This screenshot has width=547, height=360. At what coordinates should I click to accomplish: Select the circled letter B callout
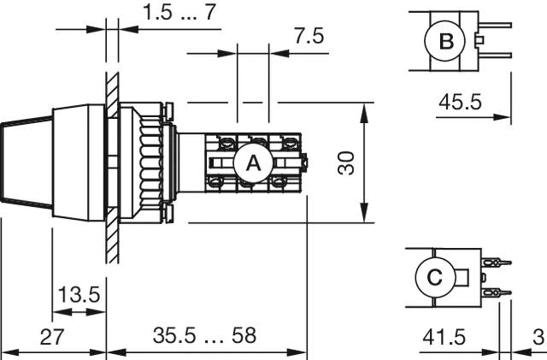[446, 41]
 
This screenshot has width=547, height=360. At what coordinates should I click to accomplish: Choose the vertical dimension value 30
[345, 162]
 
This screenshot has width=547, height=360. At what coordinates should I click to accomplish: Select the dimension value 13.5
[79, 295]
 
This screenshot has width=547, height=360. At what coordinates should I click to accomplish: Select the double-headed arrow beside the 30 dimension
[366, 162]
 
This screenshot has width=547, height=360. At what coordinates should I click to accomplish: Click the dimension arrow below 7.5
[253, 53]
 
